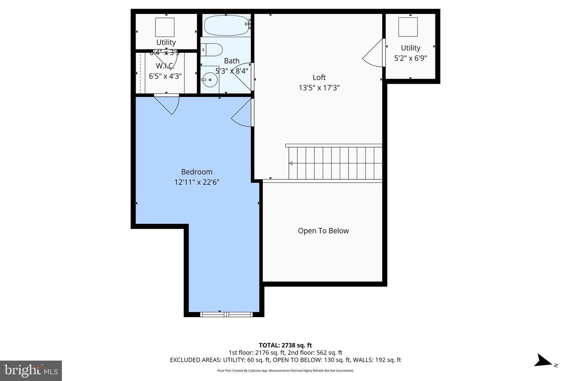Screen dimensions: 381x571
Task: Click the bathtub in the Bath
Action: click(x=226, y=25)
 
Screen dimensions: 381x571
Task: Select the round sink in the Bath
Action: click(x=210, y=80)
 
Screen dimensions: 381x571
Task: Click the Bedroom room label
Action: click(x=197, y=172)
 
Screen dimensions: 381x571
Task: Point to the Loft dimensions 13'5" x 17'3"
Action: click(x=319, y=88)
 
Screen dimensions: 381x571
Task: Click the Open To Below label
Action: click(x=323, y=231)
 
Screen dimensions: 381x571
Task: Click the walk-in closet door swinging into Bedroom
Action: click(x=168, y=103)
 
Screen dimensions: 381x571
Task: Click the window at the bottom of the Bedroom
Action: click(x=226, y=314)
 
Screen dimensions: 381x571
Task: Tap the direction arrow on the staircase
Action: click(x=291, y=163)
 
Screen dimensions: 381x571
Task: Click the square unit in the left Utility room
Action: click(x=165, y=27)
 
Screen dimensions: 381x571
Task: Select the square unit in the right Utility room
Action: click(x=408, y=27)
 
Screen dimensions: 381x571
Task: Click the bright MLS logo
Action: click(x=31, y=371)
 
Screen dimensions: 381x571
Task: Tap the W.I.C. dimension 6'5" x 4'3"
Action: click(x=165, y=76)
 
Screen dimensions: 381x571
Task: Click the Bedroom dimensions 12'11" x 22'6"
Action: click(x=197, y=182)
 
